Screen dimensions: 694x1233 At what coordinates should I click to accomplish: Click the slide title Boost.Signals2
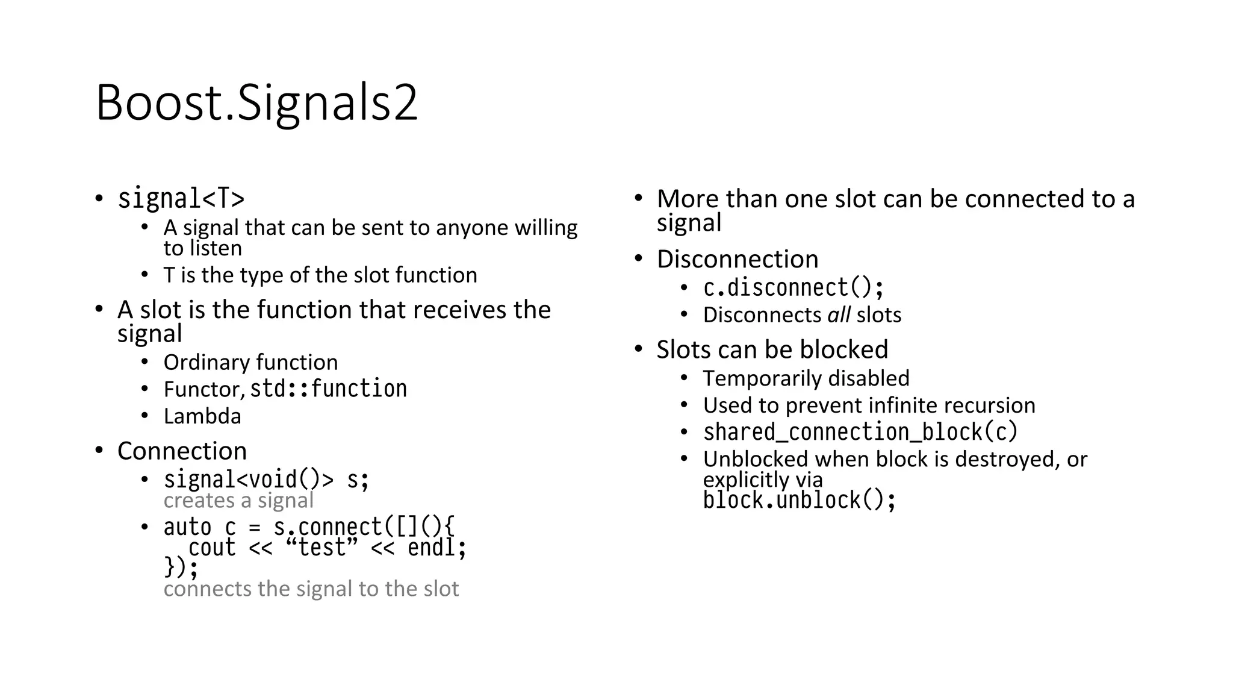[x=256, y=103]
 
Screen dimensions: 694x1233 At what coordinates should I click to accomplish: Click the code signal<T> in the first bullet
[x=181, y=199]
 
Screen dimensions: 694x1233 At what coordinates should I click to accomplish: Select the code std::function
[x=328, y=389]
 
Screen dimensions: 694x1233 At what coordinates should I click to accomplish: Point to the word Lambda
[x=202, y=416]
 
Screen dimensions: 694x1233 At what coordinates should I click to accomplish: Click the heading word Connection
[x=182, y=451]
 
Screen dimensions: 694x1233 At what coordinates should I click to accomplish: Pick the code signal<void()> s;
[x=266, y=480]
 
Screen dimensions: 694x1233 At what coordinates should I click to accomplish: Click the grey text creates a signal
[x=238, y=501]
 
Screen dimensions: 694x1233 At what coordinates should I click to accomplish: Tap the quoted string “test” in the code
[x=322, y=548]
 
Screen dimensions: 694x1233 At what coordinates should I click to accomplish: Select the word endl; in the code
[x=437, y=548]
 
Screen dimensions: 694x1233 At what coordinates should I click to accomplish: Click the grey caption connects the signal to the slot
[x=311, y=589]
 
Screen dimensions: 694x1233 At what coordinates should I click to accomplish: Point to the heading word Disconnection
[x=738, y=259]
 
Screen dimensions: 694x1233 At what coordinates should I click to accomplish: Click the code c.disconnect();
[x=794, y=288]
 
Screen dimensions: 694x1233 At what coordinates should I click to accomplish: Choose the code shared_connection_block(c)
[x=860, y=432]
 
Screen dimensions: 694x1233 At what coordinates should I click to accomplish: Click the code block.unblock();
[x=800, y=500]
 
